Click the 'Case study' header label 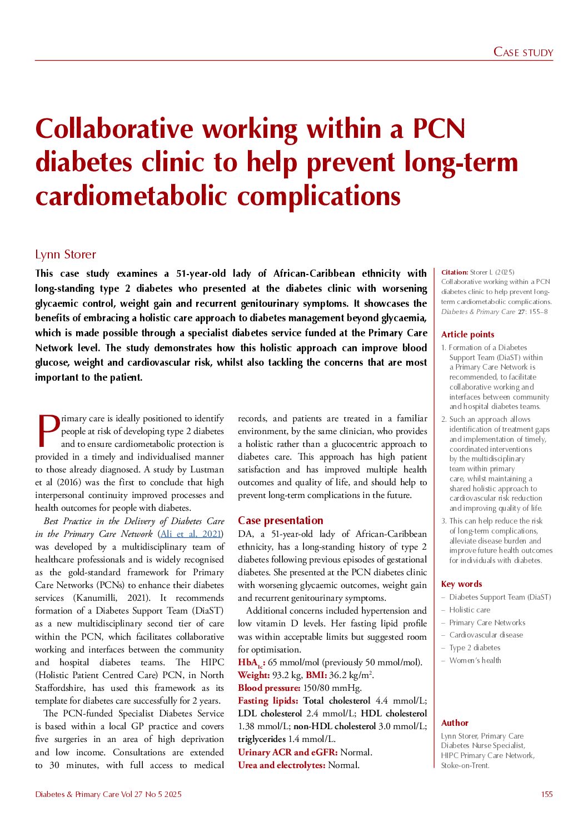point(523,52)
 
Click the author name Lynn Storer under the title point(66,255)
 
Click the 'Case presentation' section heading point(280,521)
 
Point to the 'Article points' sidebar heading point(467,335)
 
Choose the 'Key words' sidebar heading point(461,584)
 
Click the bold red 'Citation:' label point(454,272)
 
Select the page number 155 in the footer point(547,794)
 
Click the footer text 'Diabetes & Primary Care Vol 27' point(89,794)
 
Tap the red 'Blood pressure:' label point(269,688)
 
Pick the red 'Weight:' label point(254,675)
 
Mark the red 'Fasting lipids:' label point(268,701)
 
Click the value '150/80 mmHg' point(332,688)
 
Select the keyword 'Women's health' point(475,661)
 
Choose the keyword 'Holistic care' point(470,610)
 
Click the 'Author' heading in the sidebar point(455,723)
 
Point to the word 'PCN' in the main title point(438,129)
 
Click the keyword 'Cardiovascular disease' point(486,635)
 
